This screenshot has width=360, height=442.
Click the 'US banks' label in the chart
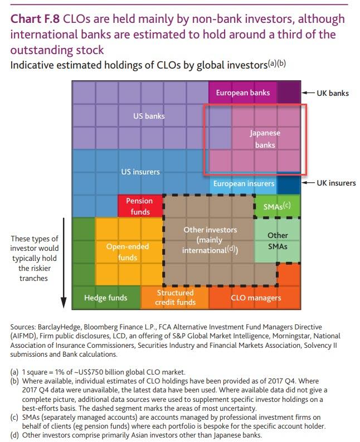[x=148, y=116]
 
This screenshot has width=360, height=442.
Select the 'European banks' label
[x=242, y=93]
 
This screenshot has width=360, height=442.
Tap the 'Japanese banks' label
[x=265, y=139]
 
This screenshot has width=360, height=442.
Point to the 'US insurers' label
[x=140, y=172]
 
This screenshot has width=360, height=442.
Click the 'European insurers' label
[x=244, y=183]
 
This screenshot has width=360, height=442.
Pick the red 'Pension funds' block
[x=139, y=206]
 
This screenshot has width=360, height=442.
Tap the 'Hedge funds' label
[x=105, y=298]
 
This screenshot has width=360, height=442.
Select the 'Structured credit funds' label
[x=176, y=298]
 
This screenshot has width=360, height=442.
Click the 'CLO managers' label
[x=256, y=298]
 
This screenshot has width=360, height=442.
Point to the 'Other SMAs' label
[x=278, y=241]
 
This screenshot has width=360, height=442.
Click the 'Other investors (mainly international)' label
[x=210, y=240]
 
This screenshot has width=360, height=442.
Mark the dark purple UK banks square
[x=288, y=93]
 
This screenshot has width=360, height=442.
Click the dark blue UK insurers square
[x=288, y=183]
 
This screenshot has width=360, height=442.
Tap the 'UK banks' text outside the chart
[x=332, y=93]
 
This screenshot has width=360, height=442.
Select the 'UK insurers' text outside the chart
[x=336, y=183]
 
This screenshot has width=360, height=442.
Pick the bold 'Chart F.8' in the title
[x=35, y=19]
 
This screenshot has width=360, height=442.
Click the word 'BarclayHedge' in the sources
[x=59, y=327]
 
